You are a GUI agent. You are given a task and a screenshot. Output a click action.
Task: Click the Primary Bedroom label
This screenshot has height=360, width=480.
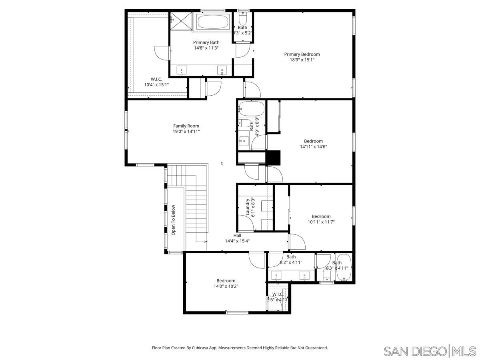tap(302, 54)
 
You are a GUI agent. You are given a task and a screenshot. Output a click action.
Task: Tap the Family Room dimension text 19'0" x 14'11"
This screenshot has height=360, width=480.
tap(186, 131)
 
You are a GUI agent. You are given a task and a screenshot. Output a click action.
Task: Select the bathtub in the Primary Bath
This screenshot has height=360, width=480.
tap(213, 22)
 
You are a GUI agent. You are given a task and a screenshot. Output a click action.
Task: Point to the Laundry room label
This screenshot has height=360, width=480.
tap(248, 207)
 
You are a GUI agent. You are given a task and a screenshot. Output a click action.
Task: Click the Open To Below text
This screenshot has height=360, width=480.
tap(174, 220)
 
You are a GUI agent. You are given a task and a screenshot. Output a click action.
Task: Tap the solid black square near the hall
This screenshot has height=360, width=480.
tap(274, 157)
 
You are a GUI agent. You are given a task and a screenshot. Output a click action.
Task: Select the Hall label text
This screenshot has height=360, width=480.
tap(237, 236)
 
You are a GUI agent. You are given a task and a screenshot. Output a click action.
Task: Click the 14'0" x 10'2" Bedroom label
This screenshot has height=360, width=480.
tap(226, 281)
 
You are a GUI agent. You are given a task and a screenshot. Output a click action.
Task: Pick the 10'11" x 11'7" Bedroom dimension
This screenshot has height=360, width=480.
tap(321, 222)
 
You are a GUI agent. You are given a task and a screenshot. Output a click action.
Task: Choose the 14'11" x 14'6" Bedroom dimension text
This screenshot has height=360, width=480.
tap(313, 146)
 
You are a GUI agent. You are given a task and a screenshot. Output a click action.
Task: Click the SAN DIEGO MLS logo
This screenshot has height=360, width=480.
tap(430, 351)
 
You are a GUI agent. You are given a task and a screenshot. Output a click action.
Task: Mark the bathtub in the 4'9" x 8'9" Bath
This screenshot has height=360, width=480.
tap(252, 108)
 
